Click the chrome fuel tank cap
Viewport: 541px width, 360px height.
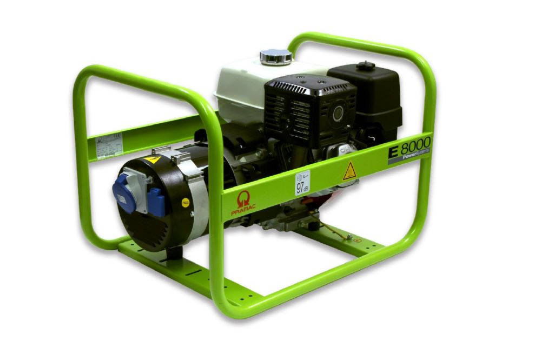click(x=276, y=56)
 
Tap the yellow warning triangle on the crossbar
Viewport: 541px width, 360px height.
click(x=349, y=171)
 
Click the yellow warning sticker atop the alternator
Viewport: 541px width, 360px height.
click(x=152, y=159)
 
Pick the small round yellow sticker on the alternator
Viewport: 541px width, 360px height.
click(x=186, y=203)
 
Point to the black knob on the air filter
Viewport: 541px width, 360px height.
click(x=366, y=66)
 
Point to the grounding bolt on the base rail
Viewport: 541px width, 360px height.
click(x=349, y=237)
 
